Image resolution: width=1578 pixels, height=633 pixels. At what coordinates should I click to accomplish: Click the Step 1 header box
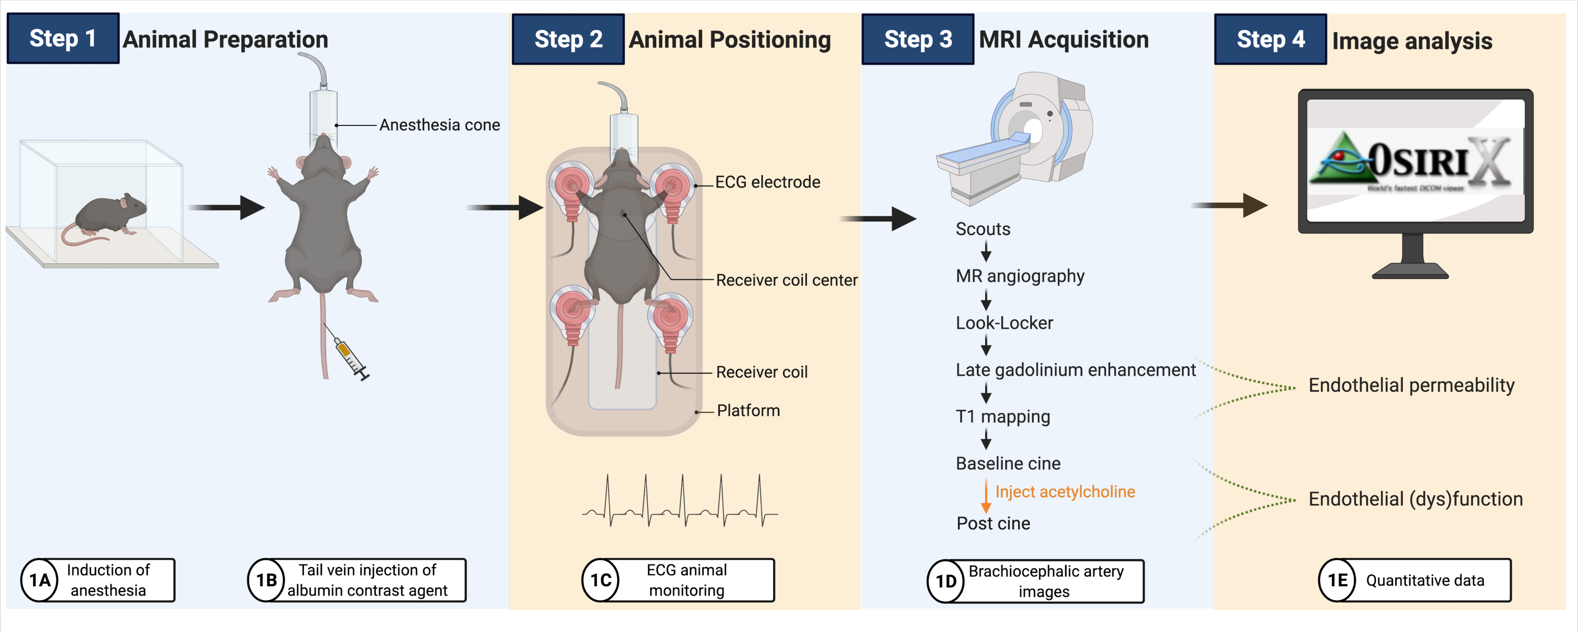point(63,38)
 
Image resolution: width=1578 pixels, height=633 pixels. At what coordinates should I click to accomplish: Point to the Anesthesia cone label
point(439,125)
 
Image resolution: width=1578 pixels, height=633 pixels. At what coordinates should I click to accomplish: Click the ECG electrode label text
point(767,182)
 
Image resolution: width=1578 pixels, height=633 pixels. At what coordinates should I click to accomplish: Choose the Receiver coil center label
point(786,280)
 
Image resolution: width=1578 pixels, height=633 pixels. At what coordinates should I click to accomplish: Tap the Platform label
point(748,411)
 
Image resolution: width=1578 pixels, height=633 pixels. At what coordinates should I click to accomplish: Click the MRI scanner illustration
point(1017,138)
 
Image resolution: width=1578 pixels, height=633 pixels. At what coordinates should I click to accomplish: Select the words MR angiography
point(1019,276)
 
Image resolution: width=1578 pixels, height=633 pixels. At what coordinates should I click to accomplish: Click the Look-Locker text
point(1004,323)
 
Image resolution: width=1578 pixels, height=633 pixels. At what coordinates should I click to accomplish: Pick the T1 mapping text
point(1002,417)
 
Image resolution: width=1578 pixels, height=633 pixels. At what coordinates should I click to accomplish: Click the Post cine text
point(993,523)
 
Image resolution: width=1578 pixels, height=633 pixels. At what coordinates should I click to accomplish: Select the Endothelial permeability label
point(1411,386)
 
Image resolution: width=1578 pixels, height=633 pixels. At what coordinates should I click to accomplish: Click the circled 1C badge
point(600,580)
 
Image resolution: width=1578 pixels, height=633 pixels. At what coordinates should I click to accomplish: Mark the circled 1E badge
point(1337,580)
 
